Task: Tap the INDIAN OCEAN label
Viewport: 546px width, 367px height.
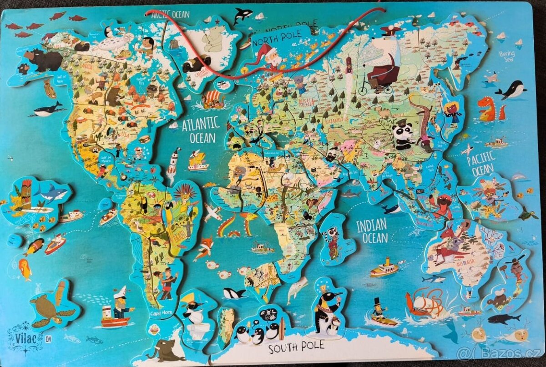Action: point(372,231)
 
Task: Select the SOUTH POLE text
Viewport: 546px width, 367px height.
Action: point(296,347)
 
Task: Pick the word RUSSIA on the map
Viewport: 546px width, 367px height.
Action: point(308,102)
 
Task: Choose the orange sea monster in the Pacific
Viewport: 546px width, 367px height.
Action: point(487,109)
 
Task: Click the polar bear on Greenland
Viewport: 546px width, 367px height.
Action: point(212,39)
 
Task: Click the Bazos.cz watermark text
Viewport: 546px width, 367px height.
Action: point(500,353)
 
